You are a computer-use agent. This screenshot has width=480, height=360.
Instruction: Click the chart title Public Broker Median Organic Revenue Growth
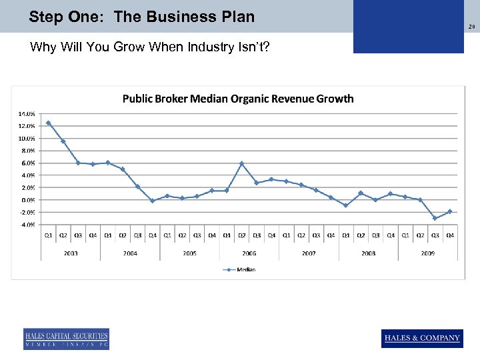(238, 99)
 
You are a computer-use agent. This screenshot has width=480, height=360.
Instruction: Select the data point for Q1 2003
(49, 123)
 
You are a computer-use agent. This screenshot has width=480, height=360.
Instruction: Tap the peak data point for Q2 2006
(242, 163)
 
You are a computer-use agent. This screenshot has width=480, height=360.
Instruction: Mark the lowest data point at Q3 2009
(435, 218)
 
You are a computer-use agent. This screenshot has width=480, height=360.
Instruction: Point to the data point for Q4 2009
(450, 211)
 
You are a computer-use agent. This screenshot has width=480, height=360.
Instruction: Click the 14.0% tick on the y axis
(27, 113)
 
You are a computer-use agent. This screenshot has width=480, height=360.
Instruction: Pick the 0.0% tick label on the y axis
(28, 200)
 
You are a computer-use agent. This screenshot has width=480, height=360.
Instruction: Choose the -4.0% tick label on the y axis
(27, 225)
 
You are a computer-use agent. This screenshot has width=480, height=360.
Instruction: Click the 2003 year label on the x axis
(71, 253)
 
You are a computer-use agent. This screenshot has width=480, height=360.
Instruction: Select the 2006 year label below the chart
(249, 253)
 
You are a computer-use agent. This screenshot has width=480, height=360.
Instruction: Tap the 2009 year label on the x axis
(427, 253)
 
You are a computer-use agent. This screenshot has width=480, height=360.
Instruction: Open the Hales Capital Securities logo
(66, 339)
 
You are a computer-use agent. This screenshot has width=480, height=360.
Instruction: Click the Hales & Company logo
(422, 338)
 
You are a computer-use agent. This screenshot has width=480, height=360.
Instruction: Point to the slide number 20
(471, 27)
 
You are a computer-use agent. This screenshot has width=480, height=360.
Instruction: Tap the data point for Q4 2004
(153, 201)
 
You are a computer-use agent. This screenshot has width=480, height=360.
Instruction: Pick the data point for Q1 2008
(345, 205)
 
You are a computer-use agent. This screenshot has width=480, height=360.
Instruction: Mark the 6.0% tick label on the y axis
(28, 163)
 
